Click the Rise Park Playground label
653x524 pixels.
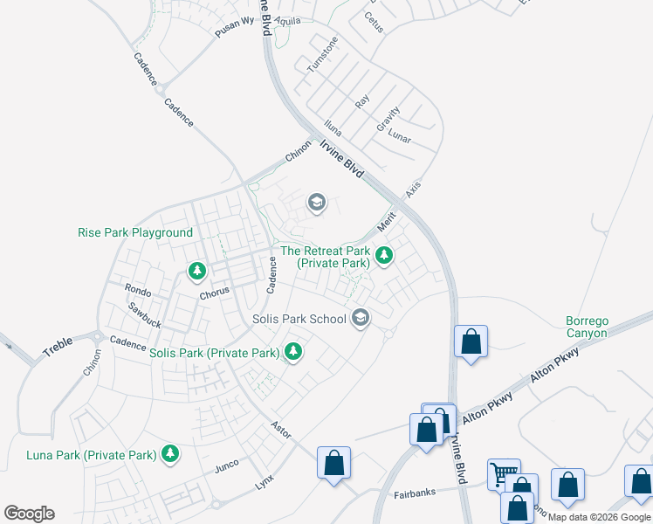135,233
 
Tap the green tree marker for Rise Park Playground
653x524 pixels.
197,272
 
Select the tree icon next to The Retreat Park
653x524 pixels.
384,257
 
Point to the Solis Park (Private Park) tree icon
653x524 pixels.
294,353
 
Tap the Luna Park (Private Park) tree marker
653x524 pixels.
170,454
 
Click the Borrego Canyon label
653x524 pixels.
586,327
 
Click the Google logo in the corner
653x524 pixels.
29,514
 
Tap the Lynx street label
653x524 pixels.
264,483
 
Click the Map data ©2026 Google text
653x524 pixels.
600,517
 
